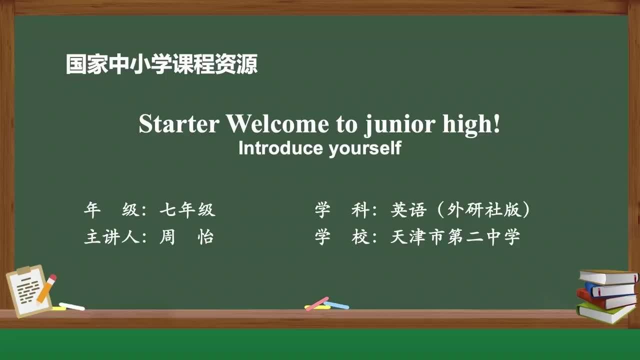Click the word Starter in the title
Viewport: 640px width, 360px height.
pos(178,124)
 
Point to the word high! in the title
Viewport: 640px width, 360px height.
pos(471,124)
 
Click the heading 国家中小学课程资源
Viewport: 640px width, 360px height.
pos(161,65)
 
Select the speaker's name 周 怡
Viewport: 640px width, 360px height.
pos(186,237)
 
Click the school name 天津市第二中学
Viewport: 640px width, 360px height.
pos(455,237)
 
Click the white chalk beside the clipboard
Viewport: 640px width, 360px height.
pos(71,306)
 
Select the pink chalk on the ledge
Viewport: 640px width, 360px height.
pos(317,303)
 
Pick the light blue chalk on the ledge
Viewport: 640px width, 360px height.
pos(336,305)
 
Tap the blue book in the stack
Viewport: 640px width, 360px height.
pos(610,289)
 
